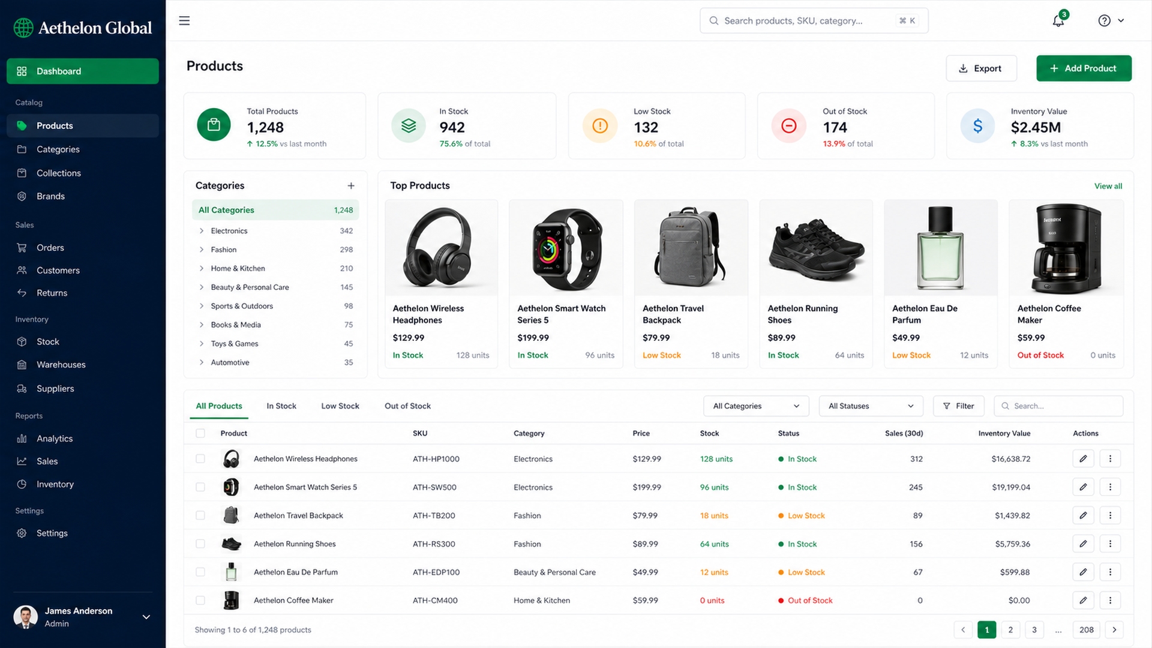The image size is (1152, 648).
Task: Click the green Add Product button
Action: coord(1084,68)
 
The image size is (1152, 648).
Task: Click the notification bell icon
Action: coord(1058,21)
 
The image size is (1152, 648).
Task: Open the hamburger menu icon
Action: coord(184,21)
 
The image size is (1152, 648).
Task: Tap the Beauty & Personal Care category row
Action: coord(275,287)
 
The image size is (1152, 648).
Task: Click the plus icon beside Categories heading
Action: coord(351,186)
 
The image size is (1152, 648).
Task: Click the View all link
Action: coord(1108,186)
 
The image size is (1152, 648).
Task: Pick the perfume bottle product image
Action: coord(940,248)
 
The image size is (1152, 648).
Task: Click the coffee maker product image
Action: coord(1066,248)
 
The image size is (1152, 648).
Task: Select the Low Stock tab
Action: coord(340,406)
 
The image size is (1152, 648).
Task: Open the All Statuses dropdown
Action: coord(871,406)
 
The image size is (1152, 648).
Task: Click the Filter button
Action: coord(959,406)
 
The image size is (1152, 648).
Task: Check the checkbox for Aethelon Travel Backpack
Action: coord(200,515)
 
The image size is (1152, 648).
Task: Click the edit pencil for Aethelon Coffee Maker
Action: coord(1083,600)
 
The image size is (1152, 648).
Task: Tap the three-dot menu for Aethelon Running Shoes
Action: coord(1110,544)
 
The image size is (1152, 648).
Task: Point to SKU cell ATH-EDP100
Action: coord(436,572)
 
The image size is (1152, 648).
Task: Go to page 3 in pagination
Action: coord(1034,629)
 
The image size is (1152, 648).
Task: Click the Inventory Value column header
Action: coord(1004,433)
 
